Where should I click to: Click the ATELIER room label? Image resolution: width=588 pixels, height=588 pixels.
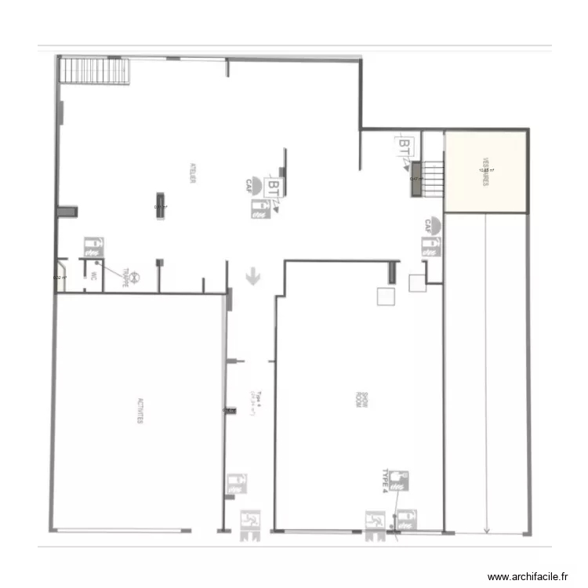tap(192, 173)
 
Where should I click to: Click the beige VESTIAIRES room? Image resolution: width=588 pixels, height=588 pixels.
tap(485, 171)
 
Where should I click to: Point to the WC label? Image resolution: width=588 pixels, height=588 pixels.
tap(93, 276)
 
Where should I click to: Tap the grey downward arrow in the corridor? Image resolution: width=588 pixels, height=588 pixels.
tap(252, 276)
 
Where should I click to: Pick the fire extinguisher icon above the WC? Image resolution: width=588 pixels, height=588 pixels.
tap(93, 248)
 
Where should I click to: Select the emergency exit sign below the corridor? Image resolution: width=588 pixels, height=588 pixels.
tap(251, 522)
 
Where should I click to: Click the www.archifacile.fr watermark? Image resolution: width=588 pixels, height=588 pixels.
tap(528, 576)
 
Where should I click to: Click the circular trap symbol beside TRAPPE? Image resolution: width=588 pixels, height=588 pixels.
tap(135, 276)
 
